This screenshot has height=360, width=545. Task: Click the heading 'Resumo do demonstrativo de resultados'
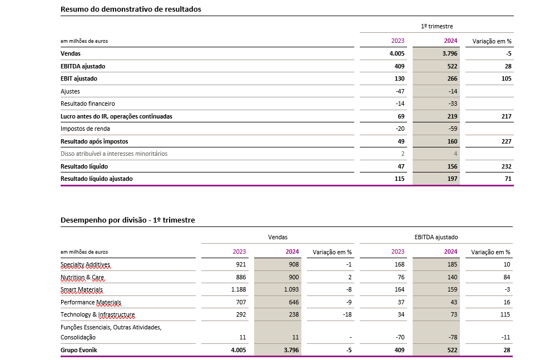(131, 9)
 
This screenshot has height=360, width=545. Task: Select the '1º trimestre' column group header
(437, 27)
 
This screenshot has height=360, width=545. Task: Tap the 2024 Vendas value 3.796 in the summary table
(450, 53)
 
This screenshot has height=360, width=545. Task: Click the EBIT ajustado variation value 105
(506, 78)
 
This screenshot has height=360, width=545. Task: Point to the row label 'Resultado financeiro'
(88, 103)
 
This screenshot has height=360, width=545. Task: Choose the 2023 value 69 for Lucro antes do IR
(401, 116)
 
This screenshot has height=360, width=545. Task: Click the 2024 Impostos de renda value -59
(452, 129)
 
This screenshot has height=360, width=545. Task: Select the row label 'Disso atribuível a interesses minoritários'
(114, 154)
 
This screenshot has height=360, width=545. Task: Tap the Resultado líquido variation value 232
(506, 166)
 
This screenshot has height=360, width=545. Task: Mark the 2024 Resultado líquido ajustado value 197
(452, 179)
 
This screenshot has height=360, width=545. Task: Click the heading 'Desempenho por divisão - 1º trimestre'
(127, 220)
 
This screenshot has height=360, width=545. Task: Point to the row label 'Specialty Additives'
(85, 265)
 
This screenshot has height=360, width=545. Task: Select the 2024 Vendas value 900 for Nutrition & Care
(294, 277)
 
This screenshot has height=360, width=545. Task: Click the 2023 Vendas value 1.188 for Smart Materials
(239, 290)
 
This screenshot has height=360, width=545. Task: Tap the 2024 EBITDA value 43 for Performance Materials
(454, 302)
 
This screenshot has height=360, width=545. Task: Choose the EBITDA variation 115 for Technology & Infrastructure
(505, 315)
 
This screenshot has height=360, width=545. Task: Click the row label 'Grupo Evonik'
(78, 350)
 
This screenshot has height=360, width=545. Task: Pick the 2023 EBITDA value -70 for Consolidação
(399, 337)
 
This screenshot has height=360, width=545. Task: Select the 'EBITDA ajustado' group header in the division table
(436, 237)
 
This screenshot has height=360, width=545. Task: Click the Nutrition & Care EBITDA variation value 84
(507, 277)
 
